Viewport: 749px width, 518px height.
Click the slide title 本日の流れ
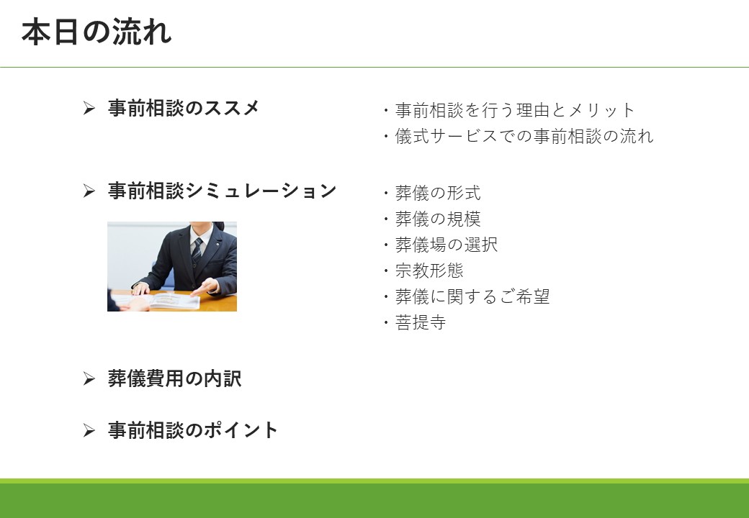97,32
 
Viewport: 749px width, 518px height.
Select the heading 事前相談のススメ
184,108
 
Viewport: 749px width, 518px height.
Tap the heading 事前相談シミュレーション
222,191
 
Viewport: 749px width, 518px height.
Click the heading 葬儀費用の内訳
174,378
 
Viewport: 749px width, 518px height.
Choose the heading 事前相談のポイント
192,430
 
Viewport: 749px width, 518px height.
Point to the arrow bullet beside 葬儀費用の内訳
89,378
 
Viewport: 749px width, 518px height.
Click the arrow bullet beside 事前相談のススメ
89,108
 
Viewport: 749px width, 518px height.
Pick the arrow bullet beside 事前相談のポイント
89,430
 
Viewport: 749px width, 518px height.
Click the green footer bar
374,499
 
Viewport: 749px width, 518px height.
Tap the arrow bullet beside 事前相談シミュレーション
89,191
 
